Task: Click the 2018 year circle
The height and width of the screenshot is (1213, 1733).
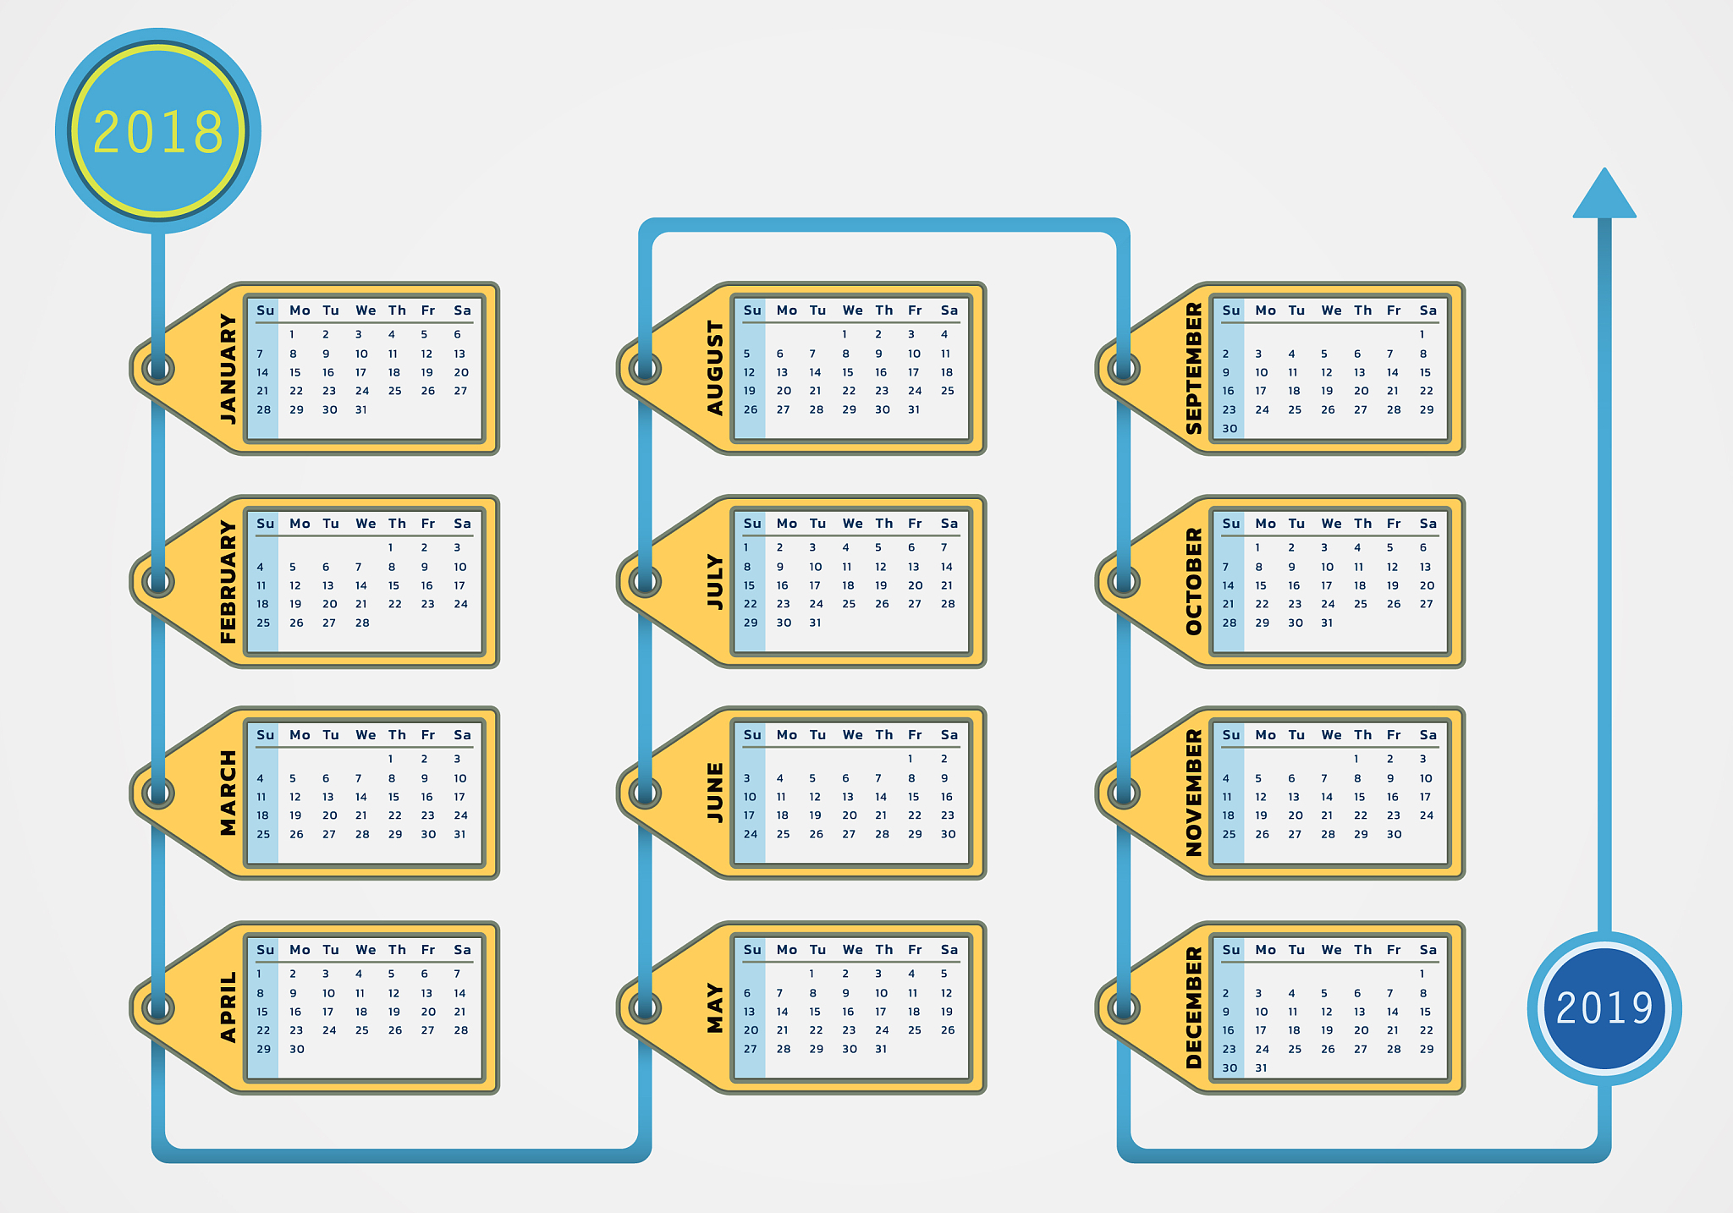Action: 158,131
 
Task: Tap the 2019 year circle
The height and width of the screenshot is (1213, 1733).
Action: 1604,1008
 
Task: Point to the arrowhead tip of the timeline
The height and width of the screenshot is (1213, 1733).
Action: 1604,168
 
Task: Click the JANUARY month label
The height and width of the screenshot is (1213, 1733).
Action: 228,369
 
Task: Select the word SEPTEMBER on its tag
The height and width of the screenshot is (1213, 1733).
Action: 1194,369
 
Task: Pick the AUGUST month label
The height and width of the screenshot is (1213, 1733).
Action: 716,369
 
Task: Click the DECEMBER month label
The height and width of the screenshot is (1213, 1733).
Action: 1194,1008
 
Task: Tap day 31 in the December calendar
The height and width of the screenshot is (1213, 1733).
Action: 1262,1068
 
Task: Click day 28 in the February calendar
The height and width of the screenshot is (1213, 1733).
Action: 362,623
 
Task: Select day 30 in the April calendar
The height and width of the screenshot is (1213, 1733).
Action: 296,1049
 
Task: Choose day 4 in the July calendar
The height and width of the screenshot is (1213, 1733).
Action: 845,547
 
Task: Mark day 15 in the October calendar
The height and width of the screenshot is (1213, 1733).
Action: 1261,585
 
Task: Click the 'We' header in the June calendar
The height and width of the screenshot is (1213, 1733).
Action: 852,735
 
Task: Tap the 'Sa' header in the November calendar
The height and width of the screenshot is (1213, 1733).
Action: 1428,735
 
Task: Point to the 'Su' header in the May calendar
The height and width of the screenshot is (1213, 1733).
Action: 752,950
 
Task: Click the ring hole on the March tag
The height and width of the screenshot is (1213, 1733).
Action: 158,793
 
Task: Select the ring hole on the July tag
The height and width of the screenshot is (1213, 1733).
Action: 645,582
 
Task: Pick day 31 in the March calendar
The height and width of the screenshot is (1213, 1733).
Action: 459,834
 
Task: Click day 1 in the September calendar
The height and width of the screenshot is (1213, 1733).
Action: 1422,334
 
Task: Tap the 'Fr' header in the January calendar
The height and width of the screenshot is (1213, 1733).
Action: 428,310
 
